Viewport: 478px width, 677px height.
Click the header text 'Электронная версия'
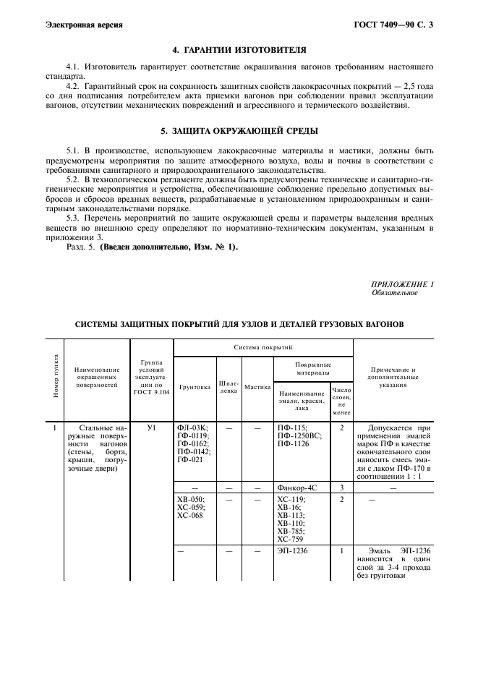point(83,25)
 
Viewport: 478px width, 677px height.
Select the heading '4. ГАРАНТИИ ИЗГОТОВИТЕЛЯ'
point(239,50)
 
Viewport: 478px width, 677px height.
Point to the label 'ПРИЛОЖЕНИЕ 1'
point(402,284)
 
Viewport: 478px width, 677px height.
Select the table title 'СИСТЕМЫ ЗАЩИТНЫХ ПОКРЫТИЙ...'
point(239,323)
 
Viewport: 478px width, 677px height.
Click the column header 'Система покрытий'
point(263,348)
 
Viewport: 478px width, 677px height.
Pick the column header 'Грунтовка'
point(195,387)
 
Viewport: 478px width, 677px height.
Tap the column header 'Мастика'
point(257,387)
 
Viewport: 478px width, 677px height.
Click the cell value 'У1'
point(151,427)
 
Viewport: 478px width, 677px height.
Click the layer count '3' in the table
point(341,488)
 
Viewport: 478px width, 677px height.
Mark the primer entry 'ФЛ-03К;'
point(192,427)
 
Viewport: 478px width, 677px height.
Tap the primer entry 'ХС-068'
point(189,516)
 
